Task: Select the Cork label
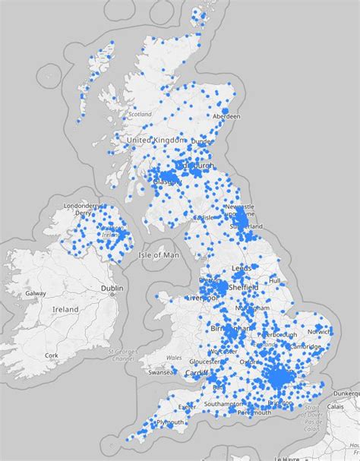[52, 355]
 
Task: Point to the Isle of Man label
[159, 255]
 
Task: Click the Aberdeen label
[226, 116]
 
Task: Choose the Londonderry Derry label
[83, 209]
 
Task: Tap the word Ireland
[65, 310]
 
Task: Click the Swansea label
[162, 373]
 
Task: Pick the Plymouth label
[169, 422]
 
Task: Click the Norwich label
[319, 331]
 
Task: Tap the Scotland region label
[140, 115]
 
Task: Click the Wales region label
[174, 358]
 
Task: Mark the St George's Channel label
[121, 355]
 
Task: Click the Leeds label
[242, 268]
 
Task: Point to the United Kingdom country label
[156, 141]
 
